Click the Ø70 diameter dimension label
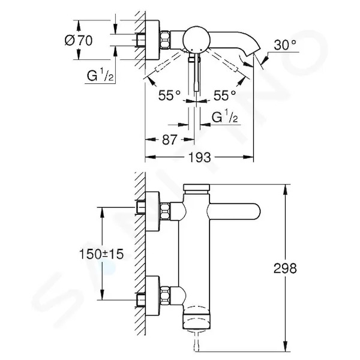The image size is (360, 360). click(x=79, y=40)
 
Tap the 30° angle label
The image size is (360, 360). click(x=285, y=45)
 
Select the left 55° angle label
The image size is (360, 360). click(x=169, y=95)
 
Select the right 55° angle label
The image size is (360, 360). click(x=225, y=95)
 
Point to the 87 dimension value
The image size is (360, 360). click(x=170, y=140)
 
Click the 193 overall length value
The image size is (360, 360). click(x=199, y=157)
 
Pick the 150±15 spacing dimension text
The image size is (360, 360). click(x=101, y=254)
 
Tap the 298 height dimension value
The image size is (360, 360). click(x=285, y=268)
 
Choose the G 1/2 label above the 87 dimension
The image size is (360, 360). click(x=224, y=116)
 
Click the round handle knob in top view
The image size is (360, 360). click(x=196, y=39)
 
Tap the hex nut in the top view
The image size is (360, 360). click(x=165, y=40)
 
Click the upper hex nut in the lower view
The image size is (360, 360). click(x=165, y=211)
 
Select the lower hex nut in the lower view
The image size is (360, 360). click(x=165, y=295)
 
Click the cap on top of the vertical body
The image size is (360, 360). click(x=197, y=187)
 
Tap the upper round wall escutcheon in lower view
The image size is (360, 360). click(x=152, y=211)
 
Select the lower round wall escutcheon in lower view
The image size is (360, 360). click(x=152, y=295)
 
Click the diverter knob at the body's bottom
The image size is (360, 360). click(x=197, y=320)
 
